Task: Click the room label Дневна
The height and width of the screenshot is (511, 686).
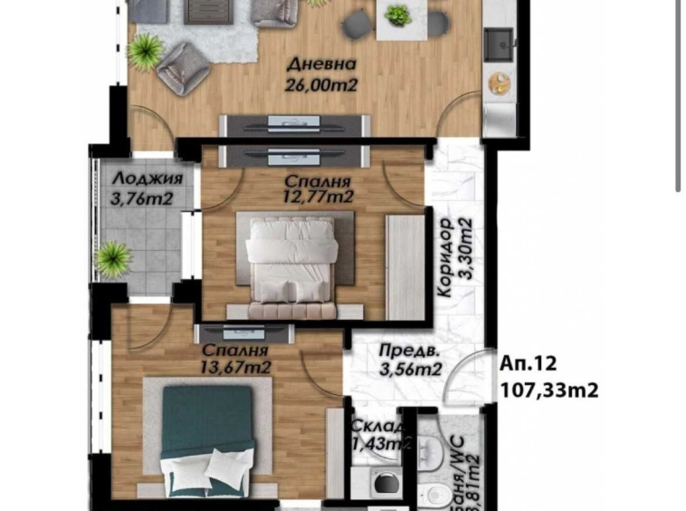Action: [321, 65]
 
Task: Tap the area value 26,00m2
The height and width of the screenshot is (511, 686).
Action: [322, 85]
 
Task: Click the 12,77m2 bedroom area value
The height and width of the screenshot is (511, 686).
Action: [315, 196]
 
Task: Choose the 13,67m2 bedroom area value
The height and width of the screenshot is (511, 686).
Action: [235, 367]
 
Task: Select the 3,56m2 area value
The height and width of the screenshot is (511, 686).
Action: [409, 370]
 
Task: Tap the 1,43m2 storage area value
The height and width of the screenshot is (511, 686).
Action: [381, 444]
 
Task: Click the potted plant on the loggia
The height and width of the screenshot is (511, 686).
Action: [114, 258]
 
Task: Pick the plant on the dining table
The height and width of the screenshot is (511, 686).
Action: [397, 15]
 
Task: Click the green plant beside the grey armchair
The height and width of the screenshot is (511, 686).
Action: [145, 50]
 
